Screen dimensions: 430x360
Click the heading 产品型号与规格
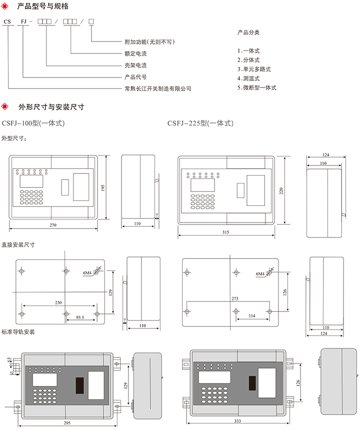[x=42, y=6]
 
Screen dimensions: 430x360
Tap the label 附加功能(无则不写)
[x=149, y=42]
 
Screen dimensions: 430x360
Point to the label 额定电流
[x=135, y=53]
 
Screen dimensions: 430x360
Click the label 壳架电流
[x=135, y=65]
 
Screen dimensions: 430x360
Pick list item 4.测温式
[x=248, y=78]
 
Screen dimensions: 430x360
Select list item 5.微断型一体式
[x=257, y=87]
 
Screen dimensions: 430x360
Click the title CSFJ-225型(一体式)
[x=200, y=123]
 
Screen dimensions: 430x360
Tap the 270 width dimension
[x=53, y=225]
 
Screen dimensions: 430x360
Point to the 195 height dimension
[x=103, y=187]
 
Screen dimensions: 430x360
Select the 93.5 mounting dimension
[x=80, y=317]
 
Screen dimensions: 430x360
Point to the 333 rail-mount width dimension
[x=237, y=421]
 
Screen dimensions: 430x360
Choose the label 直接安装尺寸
[x=18, y=245]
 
